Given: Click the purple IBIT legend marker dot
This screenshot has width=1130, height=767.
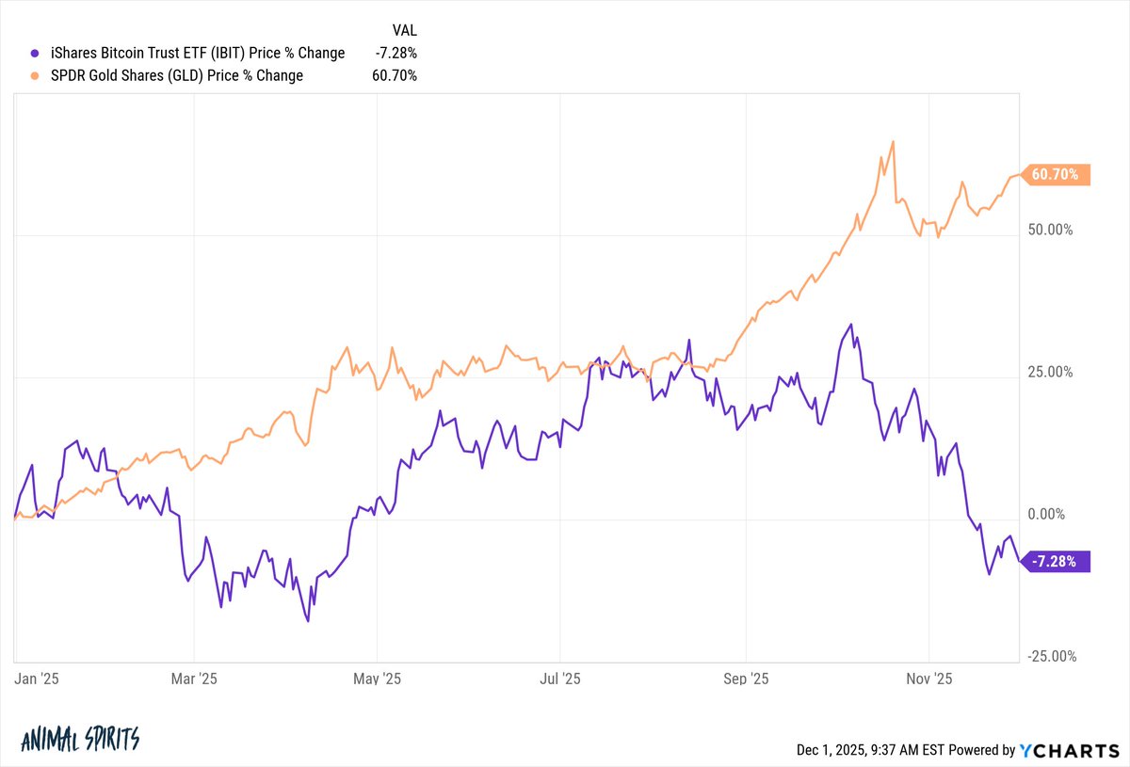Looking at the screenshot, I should [35, 54].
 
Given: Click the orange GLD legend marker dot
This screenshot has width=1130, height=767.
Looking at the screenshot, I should [35, 76].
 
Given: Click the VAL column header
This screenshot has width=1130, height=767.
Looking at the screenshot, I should [403, 30].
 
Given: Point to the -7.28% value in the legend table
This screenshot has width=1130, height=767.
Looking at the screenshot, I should [396, 54].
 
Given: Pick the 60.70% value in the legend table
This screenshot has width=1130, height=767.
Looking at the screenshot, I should [395, 76].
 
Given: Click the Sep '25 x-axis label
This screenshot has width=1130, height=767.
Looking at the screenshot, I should [746, 679].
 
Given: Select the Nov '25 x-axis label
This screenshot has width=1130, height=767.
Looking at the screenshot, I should [929, 679].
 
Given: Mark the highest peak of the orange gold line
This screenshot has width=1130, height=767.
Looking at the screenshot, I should [892, 142].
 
